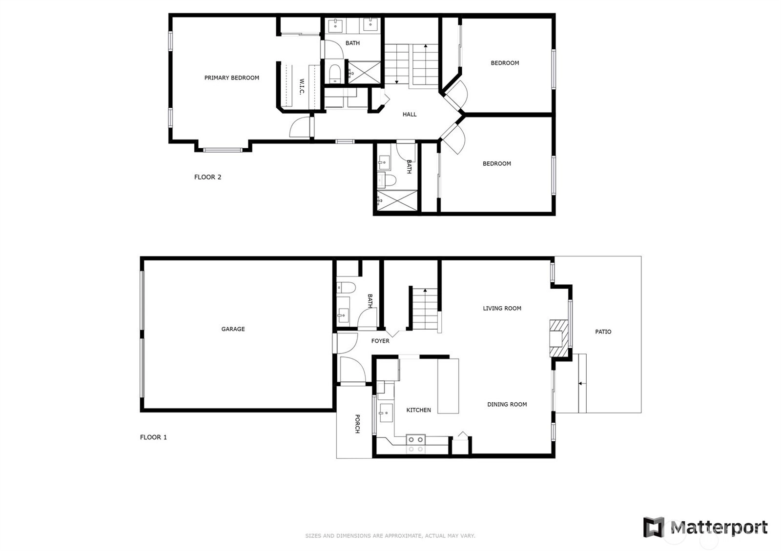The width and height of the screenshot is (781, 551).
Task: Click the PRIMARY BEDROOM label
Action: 231,78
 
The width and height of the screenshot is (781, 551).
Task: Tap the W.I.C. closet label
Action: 302,86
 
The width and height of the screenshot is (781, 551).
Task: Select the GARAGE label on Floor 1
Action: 233,329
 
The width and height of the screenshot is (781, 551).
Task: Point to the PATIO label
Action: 603,332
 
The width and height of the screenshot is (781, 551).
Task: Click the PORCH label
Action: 357,424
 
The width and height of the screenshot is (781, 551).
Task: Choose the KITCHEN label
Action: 418,410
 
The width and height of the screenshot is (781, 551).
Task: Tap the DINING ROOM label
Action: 507,404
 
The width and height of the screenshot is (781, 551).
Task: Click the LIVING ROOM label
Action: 502,308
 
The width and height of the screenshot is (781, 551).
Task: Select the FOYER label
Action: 380,341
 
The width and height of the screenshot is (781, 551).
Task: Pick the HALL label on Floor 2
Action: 410,114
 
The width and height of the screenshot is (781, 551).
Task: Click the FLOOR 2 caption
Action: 207,177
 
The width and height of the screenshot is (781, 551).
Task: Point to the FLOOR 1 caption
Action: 153,437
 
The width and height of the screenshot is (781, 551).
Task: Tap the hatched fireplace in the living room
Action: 559,338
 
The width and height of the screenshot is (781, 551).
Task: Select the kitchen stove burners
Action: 415,444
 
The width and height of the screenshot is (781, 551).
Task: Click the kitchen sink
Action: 386,413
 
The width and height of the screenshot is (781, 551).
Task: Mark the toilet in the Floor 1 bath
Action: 346,288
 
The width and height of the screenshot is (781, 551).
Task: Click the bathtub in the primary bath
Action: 335,74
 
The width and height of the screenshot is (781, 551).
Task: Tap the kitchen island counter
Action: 448,386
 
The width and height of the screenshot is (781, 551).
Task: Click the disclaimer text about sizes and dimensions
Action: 390,536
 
